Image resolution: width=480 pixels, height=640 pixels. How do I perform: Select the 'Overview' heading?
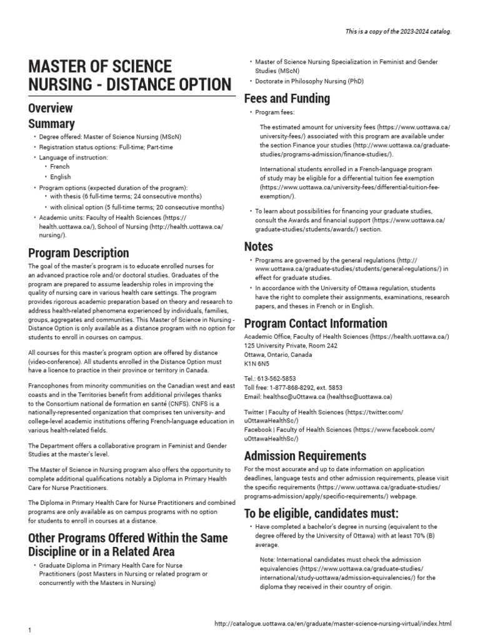(x=50, y=107)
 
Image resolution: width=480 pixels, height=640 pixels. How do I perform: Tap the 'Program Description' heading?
(x=79, y=253)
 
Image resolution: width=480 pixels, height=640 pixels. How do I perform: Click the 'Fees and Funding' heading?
(x=287, y=98)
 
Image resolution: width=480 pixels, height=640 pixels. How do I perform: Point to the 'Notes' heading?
(x=258, y=247)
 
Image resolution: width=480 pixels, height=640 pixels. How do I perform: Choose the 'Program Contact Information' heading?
(x=316, y=323)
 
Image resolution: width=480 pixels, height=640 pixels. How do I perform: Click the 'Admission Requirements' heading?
(x=305, y=455)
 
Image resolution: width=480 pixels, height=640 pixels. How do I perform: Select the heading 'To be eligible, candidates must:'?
(x=321, y=514)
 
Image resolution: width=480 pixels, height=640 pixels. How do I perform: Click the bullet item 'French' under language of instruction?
(x=60, y=167)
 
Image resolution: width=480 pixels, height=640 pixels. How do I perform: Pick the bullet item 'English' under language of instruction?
(x=61, y=177)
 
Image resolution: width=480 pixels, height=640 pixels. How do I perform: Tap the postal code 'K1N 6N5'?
(x=257, y=363)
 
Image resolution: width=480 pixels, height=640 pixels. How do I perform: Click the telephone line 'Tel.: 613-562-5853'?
(x=270, y=379)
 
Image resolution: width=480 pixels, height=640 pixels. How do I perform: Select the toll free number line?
(x=293, y=387)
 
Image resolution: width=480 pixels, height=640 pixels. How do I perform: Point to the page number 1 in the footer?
(x=29, y=629)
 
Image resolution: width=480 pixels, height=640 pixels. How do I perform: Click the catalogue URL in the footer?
(x=332, y=624)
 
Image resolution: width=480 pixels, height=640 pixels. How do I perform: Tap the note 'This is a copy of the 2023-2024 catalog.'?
(x=398, y=31)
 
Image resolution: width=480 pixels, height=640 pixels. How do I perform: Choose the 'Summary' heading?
(x=51, y=123)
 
